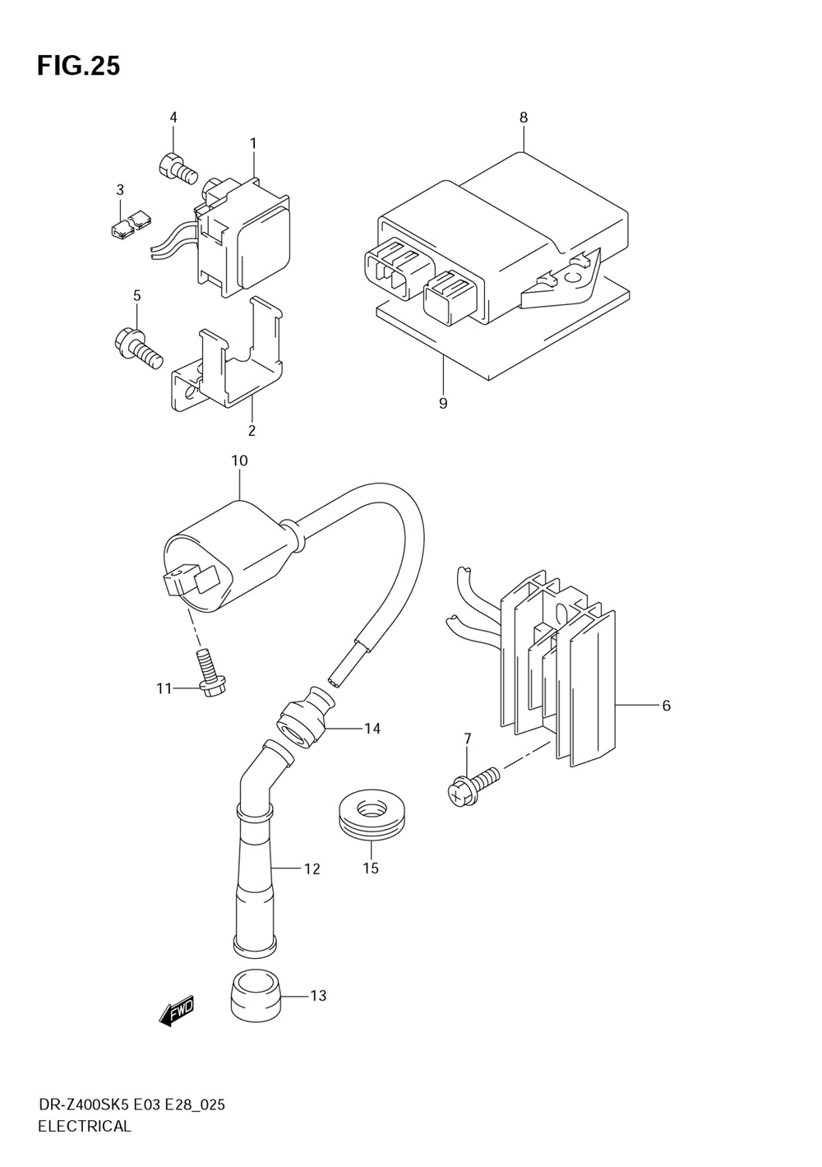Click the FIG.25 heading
tap(79, 66)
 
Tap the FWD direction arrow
tap(177, 1011)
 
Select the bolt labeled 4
tap(177, 169)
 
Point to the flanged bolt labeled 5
tap(136, 346)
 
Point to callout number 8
tap(524, 118)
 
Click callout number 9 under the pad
tap(443, 404)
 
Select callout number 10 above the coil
tap(239, 461)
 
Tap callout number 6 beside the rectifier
tap(666, 706)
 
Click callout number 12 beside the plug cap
tap(312, 868)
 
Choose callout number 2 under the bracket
tap(252, 430)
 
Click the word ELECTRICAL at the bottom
tap(85, 1127)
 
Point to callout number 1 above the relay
tap(253, 143)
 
